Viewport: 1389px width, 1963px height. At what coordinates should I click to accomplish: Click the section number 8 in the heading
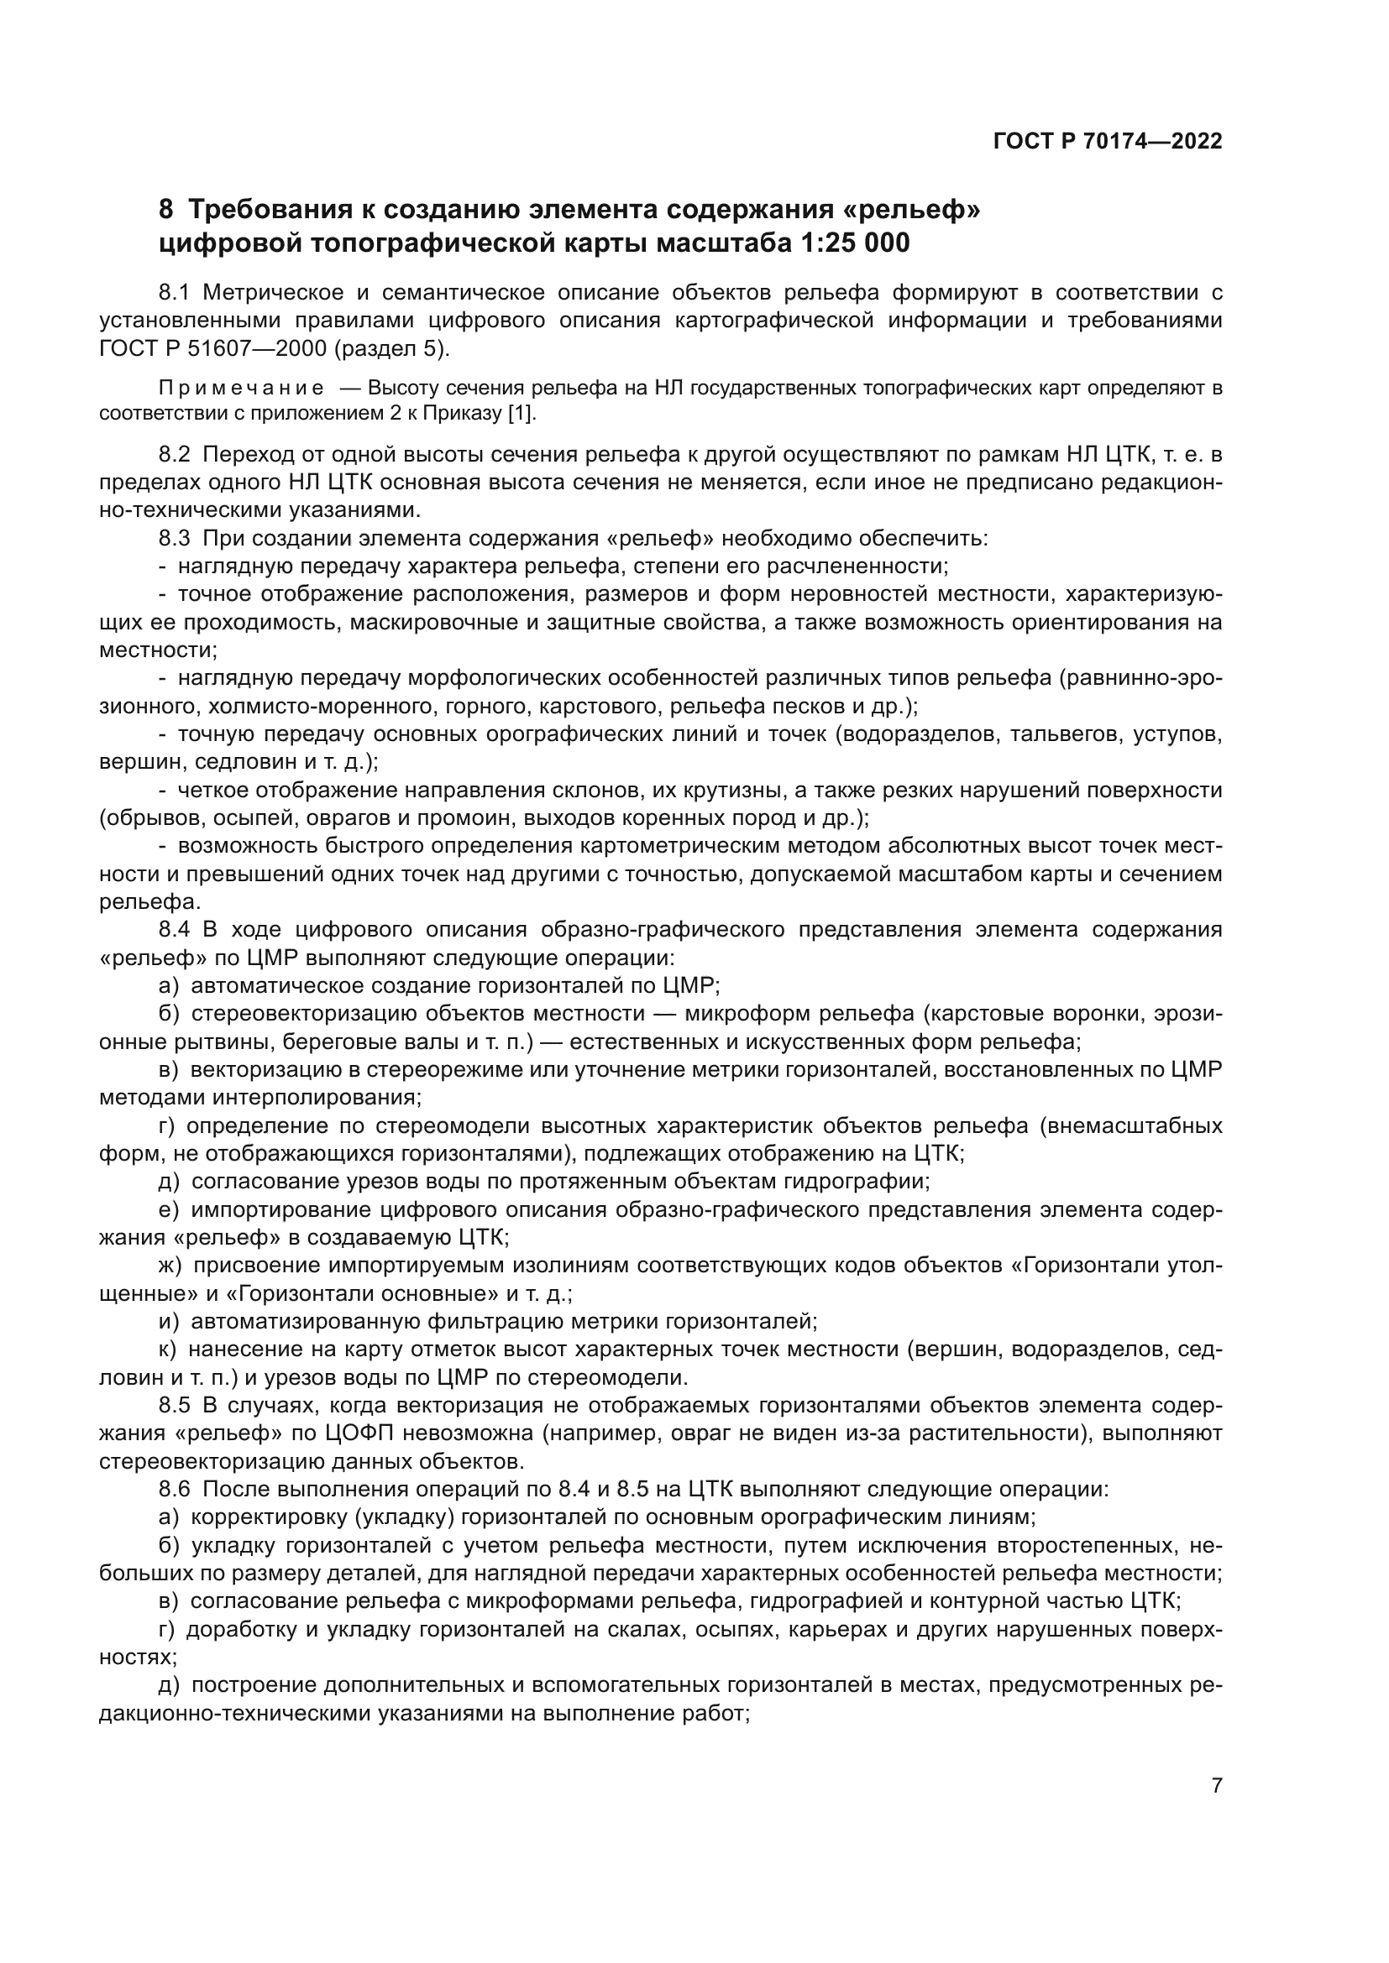(166, 210)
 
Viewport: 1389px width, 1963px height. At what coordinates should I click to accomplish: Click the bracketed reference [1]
(520, 414)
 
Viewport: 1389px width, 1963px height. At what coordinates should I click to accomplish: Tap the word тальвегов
(1065, 734)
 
